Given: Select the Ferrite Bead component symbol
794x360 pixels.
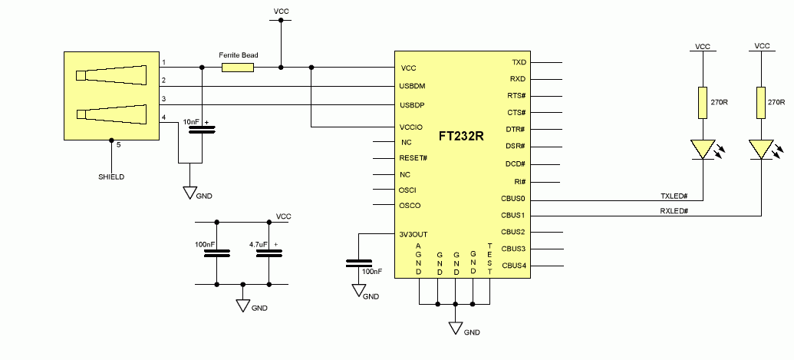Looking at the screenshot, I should point(238,68).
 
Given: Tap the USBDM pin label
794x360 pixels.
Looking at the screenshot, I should point(413,87).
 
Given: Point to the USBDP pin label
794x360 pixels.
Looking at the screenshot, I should point(413,104).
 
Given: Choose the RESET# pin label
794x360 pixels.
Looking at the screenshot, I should point(413,158).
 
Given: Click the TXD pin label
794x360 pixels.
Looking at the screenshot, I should point(519,62).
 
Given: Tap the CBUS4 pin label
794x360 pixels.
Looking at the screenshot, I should point(513,266).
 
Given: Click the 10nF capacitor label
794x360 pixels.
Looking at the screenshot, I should point(191,122).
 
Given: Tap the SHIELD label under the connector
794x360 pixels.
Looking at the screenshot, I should point(111,177).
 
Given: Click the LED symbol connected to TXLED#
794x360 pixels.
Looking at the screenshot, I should point(702,149).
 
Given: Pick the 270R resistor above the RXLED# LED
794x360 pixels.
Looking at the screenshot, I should point(761,102).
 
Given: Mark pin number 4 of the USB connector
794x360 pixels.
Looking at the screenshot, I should point(163,117).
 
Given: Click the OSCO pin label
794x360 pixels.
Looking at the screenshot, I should point(410,206).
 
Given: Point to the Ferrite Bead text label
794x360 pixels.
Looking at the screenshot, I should point(236,54).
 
